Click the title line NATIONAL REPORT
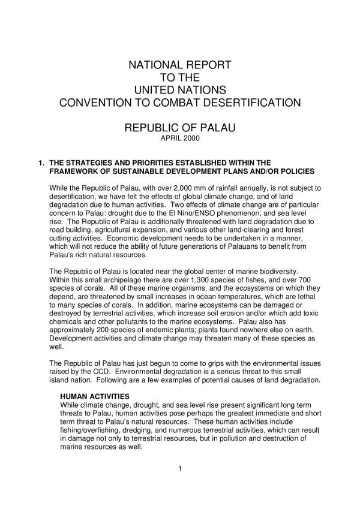coord(180,65)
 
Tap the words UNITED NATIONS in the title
coord(180,90)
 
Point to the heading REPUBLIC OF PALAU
coord(180,128)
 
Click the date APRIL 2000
coord(180,138)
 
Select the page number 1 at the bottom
coord(180,468)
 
